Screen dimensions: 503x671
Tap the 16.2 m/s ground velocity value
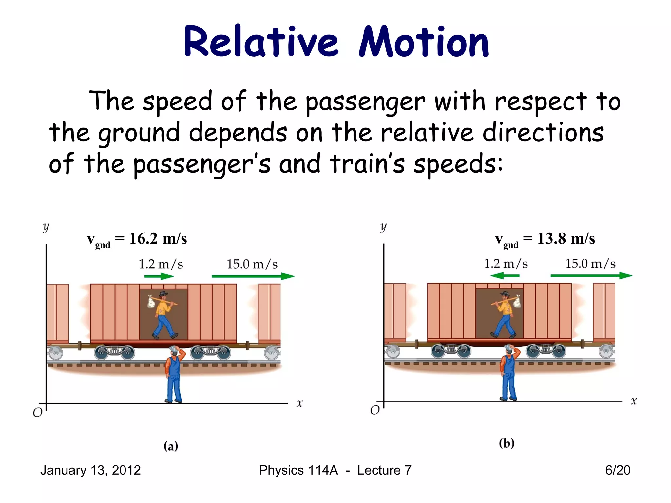[158, 239]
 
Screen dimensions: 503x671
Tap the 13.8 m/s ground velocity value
[566, 239]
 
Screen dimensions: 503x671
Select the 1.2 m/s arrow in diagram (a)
[159, 277]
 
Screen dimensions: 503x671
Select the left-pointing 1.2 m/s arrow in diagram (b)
[505, 276]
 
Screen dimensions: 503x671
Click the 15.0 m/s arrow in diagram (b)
[591, 276]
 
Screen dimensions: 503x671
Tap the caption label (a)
[171, 446]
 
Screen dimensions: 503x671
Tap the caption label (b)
[507, 443]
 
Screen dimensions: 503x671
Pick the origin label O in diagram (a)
[38, 413]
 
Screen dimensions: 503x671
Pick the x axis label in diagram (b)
[634, 401]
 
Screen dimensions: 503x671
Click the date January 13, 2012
[90, 470]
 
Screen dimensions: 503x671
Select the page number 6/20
[618, 470]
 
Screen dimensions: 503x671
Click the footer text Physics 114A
[298, 470]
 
